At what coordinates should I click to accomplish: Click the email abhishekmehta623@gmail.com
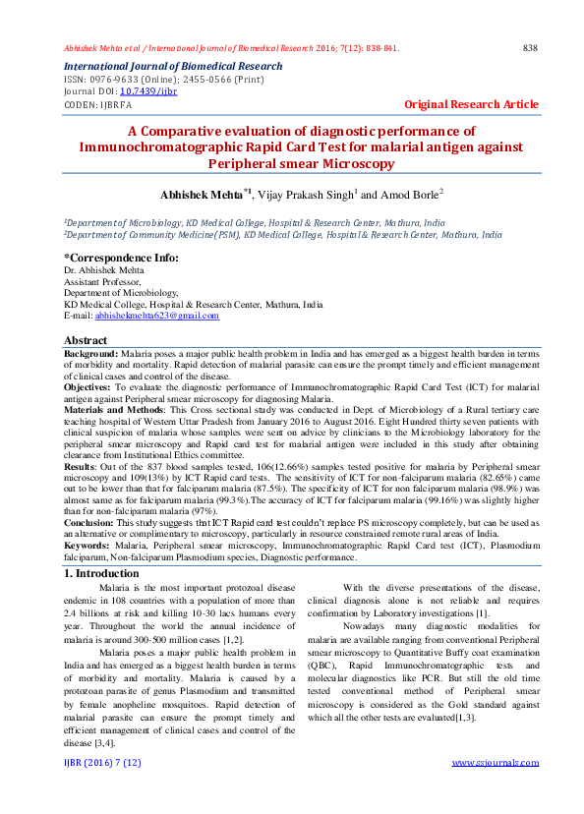pyautogui.click(x=156, y=316)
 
